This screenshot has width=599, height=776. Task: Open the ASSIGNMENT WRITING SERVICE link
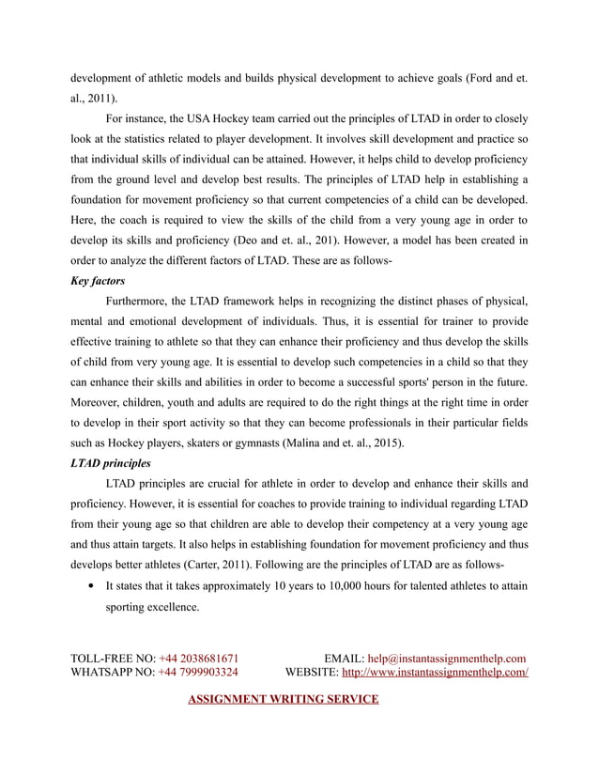[x=284, y=700]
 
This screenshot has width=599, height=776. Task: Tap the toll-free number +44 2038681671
[x=198, y=658]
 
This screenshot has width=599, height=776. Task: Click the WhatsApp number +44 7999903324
[x=198, y=672]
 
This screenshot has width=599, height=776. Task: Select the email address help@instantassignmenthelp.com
[x=446, y=658]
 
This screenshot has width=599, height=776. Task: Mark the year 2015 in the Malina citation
[x=397, y=443]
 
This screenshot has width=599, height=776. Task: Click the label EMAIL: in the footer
[x=344, y=658]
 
